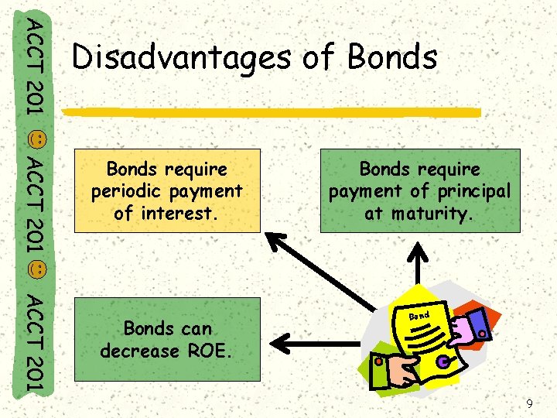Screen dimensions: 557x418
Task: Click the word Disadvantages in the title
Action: (178, 57)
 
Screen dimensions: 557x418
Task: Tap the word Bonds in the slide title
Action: (393, 57)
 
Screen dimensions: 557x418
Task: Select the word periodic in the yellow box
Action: (124, 190)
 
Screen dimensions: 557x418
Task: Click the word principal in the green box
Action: (473, 190)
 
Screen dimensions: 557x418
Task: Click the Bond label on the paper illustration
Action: (419, 316)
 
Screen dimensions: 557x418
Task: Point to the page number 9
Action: (529, 403)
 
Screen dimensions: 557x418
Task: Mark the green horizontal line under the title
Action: (271, 113)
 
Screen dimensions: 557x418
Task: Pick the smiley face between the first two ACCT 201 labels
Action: (36, 140)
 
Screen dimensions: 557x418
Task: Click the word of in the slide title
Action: (317, 57)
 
